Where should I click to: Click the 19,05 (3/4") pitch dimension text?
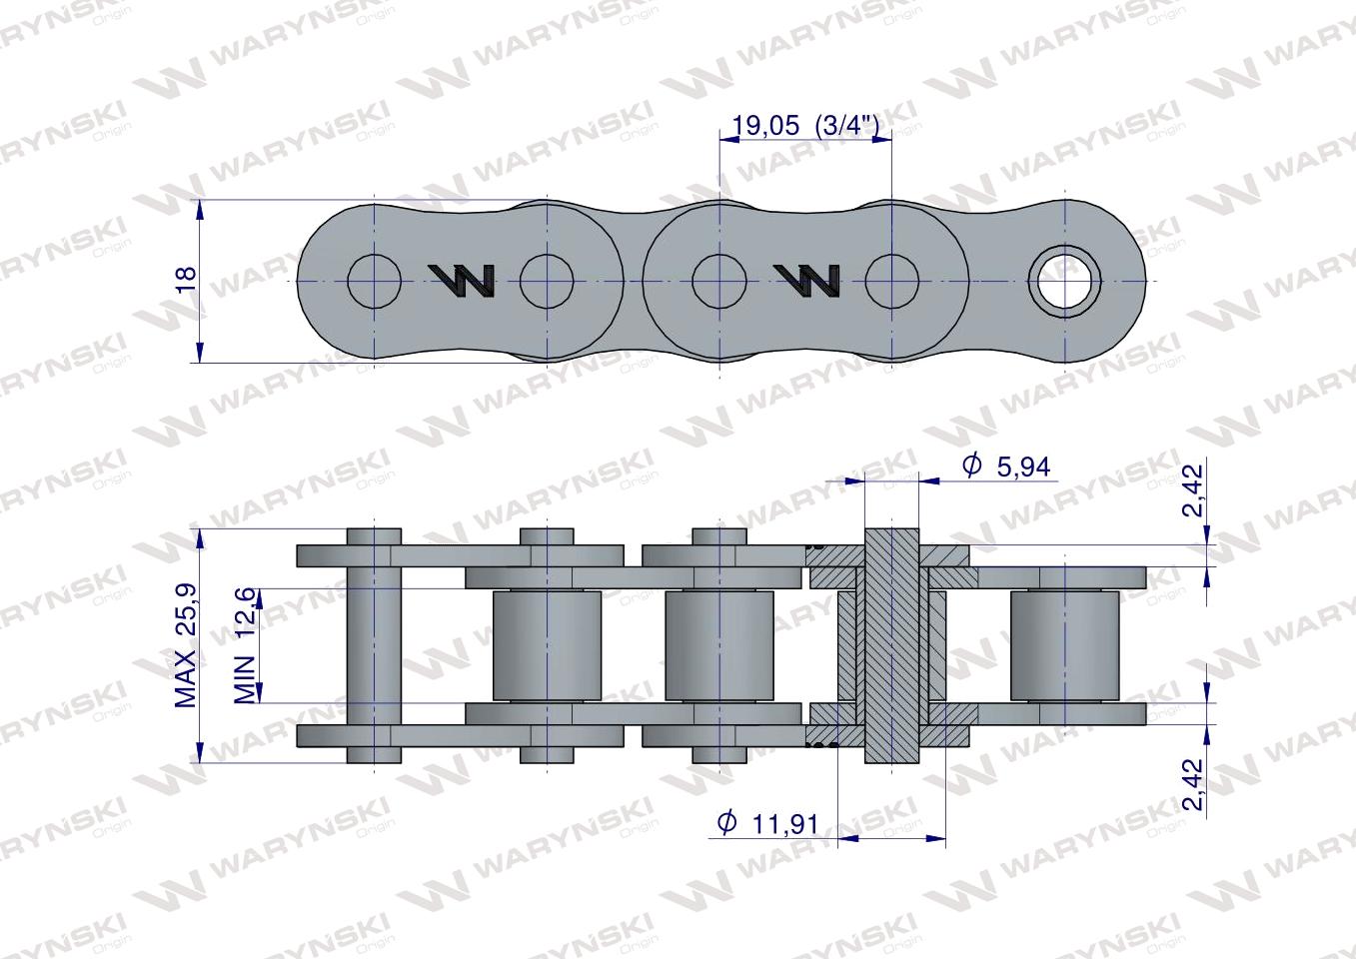point(805,126)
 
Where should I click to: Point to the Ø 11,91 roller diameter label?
point(768,823)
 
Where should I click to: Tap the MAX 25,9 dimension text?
point(187,647)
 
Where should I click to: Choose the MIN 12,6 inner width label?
point(246,645)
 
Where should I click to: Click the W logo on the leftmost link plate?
point(462,282)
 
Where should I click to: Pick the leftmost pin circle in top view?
point(374,281)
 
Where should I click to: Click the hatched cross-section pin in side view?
point(890,645)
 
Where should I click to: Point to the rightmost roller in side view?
point(1064,645)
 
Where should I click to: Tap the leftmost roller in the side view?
point(548,645)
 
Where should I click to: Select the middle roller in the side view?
point(718,645)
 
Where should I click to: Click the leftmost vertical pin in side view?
point(374,645)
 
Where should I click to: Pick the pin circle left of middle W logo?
point(718,281)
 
